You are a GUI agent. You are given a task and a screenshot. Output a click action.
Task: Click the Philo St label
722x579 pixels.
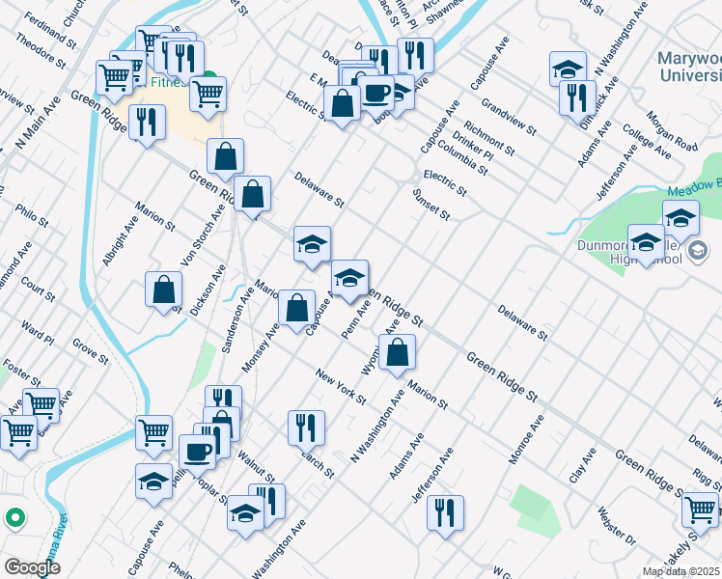[x=32, y=213]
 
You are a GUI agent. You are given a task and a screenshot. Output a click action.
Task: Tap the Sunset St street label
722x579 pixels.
[x=432, y=207]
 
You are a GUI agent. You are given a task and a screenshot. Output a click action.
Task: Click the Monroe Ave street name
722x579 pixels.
[x=528, y=440]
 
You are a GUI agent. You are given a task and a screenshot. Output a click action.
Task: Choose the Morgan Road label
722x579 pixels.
[x=672, y=133]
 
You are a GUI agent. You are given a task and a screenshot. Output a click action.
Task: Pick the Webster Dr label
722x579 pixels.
[x=615, y=524]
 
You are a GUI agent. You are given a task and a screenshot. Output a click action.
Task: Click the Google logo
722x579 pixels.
[x=32, y=567]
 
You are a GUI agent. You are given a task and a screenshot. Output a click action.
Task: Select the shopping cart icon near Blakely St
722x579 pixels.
[x=700, y=508]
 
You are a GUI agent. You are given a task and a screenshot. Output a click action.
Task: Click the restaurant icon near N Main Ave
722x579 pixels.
[x=147, y=123]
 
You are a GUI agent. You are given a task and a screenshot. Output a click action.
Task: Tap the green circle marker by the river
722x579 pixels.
[x=14, y=518]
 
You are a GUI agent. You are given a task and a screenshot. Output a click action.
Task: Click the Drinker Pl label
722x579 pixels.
[x=472, y=144]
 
